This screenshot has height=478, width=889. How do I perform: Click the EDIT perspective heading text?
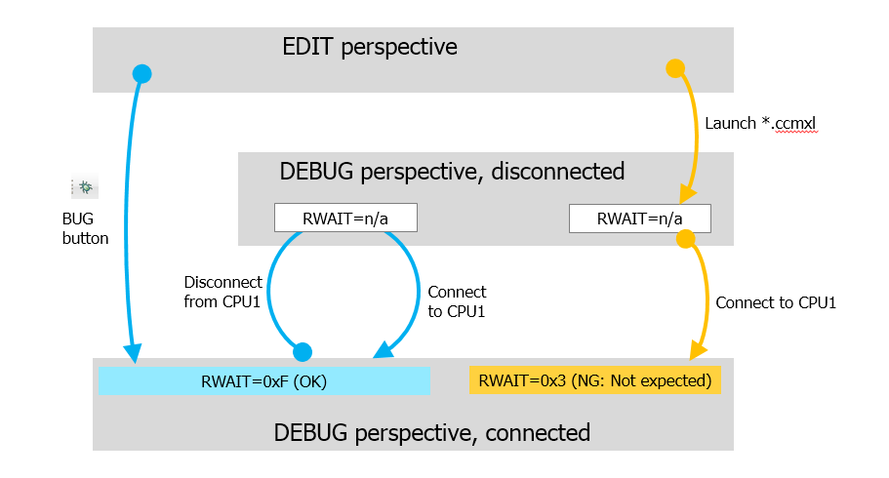[x=370, y=47]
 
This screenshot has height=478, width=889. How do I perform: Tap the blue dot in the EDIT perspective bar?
[x=141, y=72]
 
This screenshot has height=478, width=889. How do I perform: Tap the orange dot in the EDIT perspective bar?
[x=673, y=68]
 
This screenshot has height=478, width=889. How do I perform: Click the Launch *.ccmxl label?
[x=759, y=124]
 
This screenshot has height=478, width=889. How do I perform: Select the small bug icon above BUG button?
[x=85, y=186]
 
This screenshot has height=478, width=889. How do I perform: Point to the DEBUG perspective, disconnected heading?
[x=452, y=172]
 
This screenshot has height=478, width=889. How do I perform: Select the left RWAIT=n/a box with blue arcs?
[x=345, y=218]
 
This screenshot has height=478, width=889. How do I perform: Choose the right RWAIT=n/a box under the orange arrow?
[x=639, y=219]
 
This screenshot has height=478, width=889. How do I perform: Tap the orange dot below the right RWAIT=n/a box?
[x=685, y=238]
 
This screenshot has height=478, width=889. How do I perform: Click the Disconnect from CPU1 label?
[x=222, y=292]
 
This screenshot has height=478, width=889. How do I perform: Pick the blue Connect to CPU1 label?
[x=457, y=300]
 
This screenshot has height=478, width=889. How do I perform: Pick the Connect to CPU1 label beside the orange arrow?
[x=776, y=302]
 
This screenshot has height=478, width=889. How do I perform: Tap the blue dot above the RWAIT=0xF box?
[x=303, y=351]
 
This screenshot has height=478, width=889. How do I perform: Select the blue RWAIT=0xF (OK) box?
[x=264, y=381]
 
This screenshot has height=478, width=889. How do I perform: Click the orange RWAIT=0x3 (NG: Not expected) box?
[x=595, y=380]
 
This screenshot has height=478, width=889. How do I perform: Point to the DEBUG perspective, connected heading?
[x=431, y=431]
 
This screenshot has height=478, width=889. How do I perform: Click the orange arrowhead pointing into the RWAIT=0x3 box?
[x=697, y=351]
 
